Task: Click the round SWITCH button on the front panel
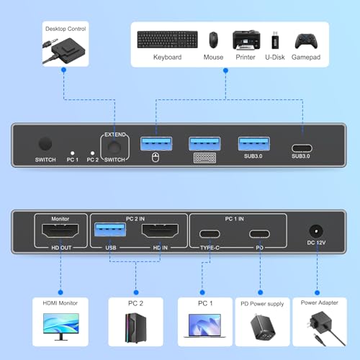[x=45, y=144]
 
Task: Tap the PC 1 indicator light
[x=73, y=153]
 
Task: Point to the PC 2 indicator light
[x=92, y=153]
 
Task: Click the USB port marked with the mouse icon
[x=156, y=143]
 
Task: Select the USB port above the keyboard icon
[x=204, y=143]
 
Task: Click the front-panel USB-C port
[x=302, y=148]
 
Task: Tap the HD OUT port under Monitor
[x=60, y=230]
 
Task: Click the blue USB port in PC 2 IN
[x=110, y=230]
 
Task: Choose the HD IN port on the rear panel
[x=160, y=230]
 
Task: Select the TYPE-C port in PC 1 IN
[x=210, y=234]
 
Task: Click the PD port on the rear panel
[x=259, y=234]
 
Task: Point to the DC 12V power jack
[x=316, y=231]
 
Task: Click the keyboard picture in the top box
[x=168, y=40]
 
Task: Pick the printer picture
[x=246, y=40]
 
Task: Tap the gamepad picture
[x=306, y=41]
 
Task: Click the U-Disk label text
[x=275, y=57]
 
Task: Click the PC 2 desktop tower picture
[x=135, y=328]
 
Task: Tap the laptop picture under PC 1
[x=204, y=325]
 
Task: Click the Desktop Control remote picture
[x=64, y=50]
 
